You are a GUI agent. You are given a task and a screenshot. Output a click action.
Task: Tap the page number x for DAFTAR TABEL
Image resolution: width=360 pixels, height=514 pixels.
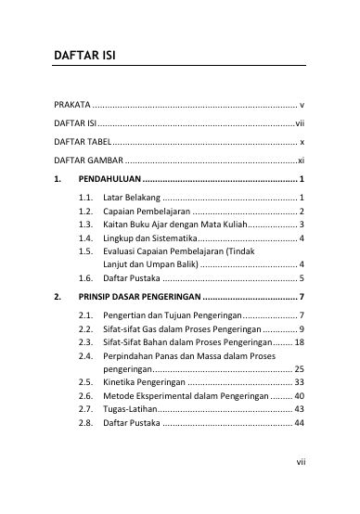302,141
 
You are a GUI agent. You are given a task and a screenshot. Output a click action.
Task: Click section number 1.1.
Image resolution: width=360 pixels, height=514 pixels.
87,198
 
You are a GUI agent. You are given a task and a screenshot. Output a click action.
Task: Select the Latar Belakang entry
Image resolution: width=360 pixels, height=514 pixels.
134,198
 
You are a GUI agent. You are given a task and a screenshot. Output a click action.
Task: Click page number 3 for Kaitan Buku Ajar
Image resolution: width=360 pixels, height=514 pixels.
303,225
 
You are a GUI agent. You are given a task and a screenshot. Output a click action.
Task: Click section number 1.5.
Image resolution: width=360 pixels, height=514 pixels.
87,251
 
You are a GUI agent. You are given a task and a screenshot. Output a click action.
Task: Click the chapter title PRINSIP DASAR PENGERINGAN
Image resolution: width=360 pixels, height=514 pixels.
139,297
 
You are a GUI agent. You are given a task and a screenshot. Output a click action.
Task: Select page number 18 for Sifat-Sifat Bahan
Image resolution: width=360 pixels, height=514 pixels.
300,341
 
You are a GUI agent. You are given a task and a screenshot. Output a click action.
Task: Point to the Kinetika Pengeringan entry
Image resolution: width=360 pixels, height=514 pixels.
145,381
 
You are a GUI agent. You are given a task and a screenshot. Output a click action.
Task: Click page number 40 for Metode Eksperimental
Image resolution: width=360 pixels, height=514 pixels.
300,395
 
